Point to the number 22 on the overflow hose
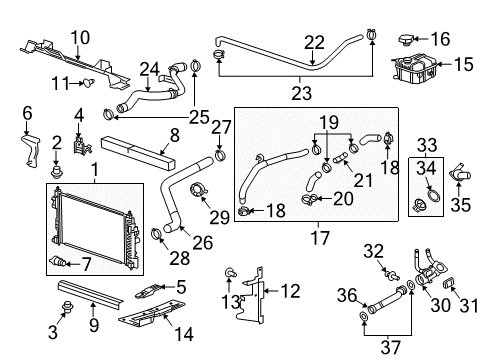click(315, 41)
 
